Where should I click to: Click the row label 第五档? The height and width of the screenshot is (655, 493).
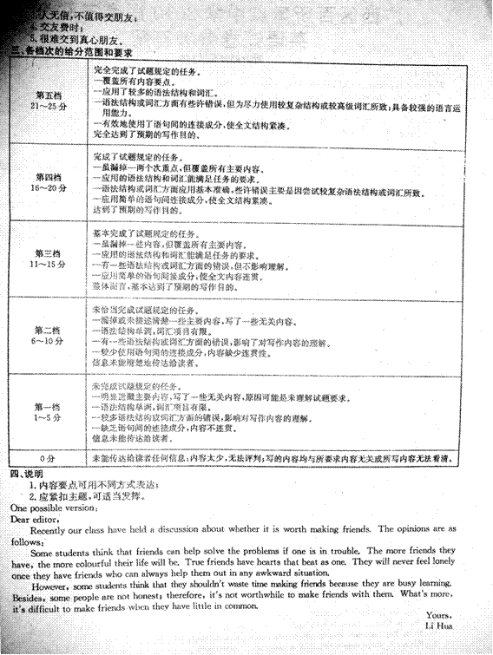47,93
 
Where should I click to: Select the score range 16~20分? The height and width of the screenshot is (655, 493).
47,187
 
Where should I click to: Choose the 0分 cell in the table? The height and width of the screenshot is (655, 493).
47,456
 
